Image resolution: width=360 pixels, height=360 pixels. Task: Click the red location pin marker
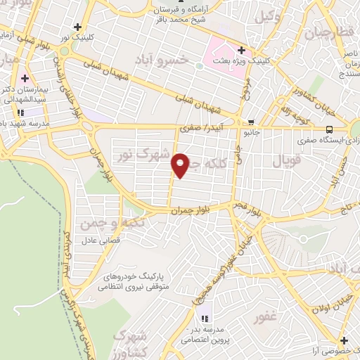[181, 165]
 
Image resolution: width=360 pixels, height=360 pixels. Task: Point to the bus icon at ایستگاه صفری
[330, 129]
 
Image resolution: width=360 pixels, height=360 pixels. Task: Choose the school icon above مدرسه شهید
[21, 111]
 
